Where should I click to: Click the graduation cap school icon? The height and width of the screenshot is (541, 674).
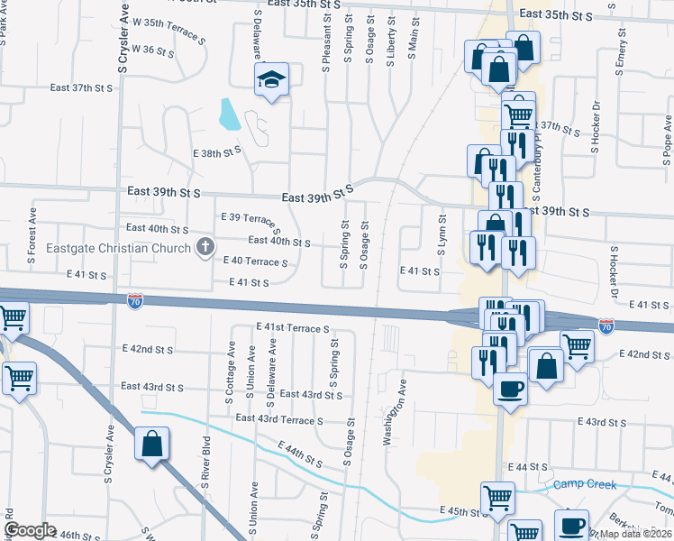[270, 79]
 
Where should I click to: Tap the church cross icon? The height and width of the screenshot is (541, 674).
[205, 247]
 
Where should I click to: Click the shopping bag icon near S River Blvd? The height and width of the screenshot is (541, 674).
[151, 444]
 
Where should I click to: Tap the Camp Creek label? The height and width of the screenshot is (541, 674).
[585, 485]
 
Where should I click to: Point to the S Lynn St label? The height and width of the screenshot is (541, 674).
[442, 234]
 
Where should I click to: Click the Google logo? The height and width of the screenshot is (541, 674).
[30, 529]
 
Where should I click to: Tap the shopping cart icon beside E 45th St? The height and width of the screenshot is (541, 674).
[497, 498]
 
